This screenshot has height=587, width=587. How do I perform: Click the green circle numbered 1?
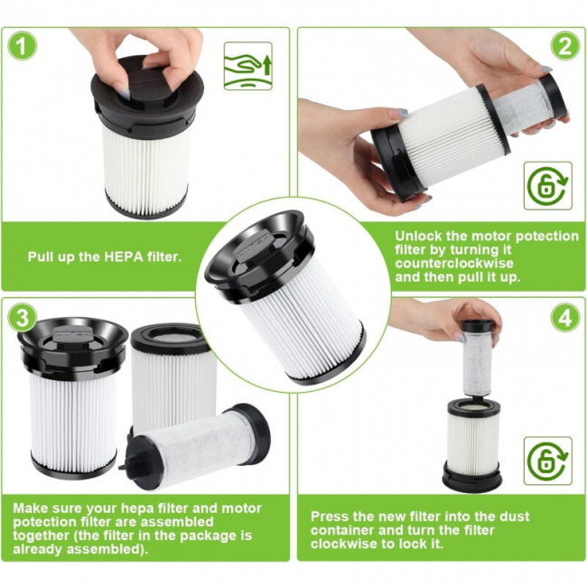tap(23, 46)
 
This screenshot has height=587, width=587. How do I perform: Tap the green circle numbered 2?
tap(565, 46)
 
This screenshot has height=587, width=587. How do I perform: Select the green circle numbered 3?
tap(23, 317)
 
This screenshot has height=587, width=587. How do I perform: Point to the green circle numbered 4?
tap(565, 317)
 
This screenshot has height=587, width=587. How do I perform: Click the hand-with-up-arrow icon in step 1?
tap(247, 66)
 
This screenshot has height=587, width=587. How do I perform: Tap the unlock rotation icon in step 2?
tap(548, 186)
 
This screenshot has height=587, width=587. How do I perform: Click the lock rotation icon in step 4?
tap(548, 461)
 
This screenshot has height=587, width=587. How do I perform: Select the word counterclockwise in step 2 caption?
tap(454, 263)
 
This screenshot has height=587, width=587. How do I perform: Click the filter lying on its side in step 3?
tap(195, 447)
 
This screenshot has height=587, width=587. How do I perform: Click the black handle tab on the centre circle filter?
tap(253, 243)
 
